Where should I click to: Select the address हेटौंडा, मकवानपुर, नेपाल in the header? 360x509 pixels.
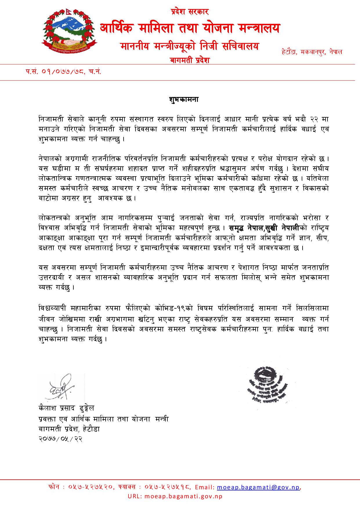(x=312, y=52)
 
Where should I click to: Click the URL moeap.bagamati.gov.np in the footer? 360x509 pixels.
(x=175, y=496)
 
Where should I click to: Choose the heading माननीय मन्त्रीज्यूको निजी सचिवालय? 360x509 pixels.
(x=189, y=46)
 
